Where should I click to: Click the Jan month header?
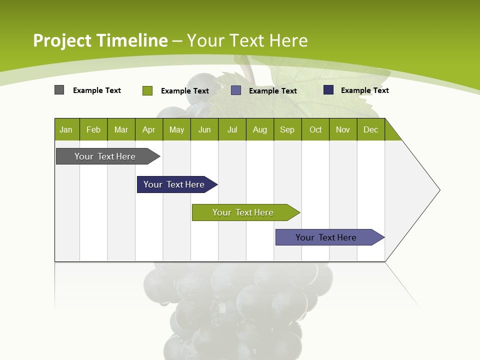(x=66, y=130)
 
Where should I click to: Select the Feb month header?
(x=93, y=130)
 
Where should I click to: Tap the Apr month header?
(x=148, y=130)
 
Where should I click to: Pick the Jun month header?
(x=204, y=130)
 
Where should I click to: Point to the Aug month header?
(x=260, y=130)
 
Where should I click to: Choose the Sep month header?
(x=287, y=130)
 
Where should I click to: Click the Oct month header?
(x=315, y=130)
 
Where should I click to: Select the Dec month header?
(x=371, y=130)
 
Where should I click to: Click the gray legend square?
(x=59, y=90)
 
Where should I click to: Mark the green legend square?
(x=147, y=90)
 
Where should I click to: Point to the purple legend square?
(x=236, y=90)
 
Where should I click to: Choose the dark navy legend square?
(x=328, y=90)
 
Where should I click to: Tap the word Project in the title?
(x=62, y=40)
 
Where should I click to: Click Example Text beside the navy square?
(x=365, y=90)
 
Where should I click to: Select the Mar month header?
(x=121, y=130)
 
